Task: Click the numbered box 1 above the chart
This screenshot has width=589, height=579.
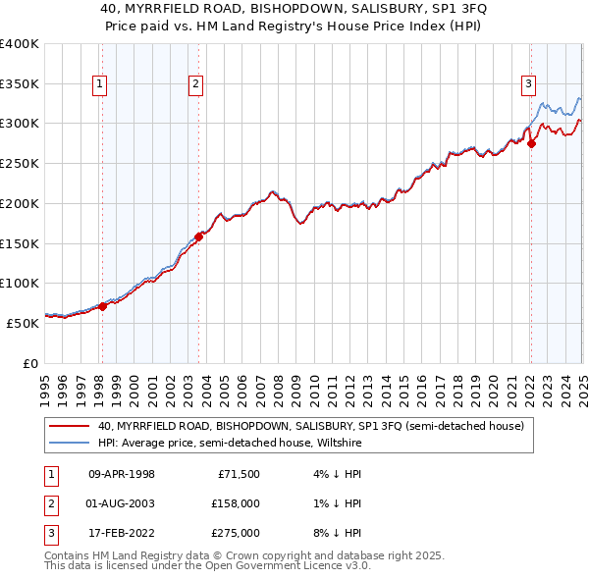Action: [x=101, y=85]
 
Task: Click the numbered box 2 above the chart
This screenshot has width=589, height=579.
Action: [x=196, y=85]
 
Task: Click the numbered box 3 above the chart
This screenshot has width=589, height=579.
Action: [x=528, y=84]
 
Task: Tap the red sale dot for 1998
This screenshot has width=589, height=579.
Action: [x=102, y=306]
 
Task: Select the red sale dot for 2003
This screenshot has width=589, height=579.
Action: [x=198, y=236]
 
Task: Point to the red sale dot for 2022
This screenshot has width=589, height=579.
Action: [x=531, y=143]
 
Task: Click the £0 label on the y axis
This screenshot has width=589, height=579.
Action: [x=30, y=362]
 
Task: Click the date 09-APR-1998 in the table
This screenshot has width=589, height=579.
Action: [x=122, y=475]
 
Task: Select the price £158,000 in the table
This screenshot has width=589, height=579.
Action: [x=236, y=504]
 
